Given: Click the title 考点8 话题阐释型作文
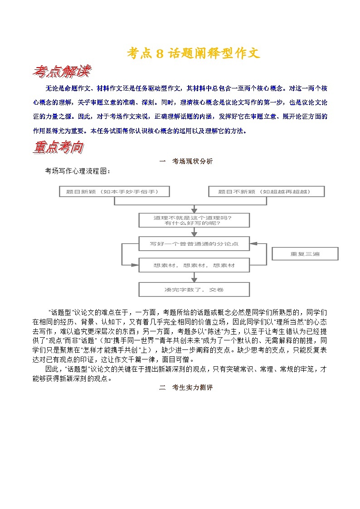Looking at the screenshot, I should pos(193,53).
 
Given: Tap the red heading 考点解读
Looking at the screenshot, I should pos(62,71).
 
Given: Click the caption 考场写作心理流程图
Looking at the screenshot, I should pos(77,171).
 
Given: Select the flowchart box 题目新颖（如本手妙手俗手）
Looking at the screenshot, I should pos(114,192).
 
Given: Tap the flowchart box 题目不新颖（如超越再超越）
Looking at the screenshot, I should pos(266,192).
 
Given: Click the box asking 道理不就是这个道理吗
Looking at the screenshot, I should pos(194,220).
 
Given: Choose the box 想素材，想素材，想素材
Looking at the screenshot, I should pos(194,265).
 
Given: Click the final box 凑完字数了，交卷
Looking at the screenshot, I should pos(194,289).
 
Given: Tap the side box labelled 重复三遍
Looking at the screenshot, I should pos(305,254).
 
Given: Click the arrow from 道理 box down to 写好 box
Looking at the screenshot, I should pos(194,232).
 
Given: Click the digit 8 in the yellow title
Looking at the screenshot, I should pos(159,53).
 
